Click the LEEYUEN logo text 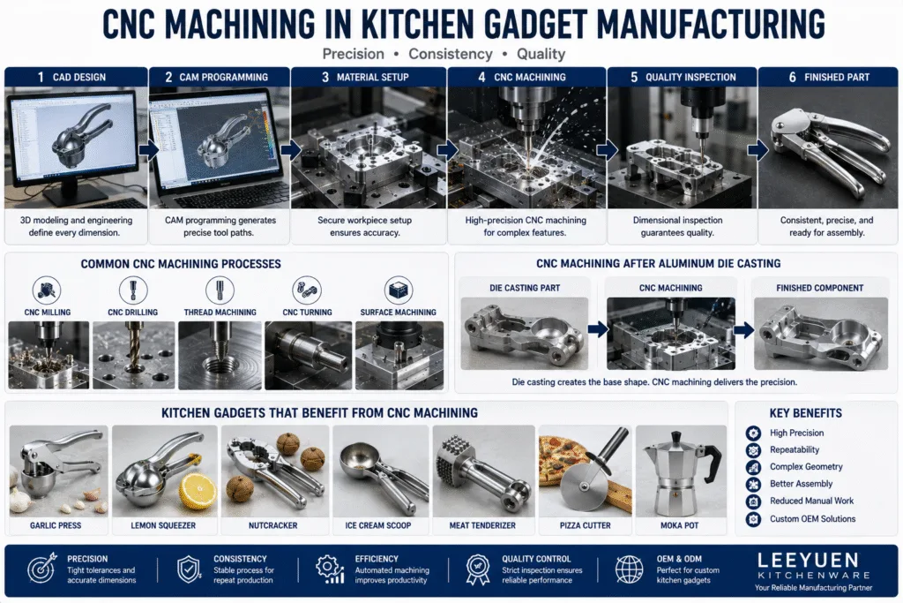(808, 560)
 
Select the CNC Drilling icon (133, 290)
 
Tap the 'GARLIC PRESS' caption (56, 526)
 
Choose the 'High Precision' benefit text (796, 433)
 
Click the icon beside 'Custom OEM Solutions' (753, 519)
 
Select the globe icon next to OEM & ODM (629, 569)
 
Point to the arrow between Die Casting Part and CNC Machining (598, 329)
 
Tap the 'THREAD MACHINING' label (220, 313)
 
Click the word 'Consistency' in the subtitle (451, 54)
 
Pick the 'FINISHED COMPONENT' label (819, 288)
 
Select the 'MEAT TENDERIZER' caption (482, 526)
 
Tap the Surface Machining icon (398, 290)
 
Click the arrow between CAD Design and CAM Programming (148, 151)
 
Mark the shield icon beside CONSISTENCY (189, 569)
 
